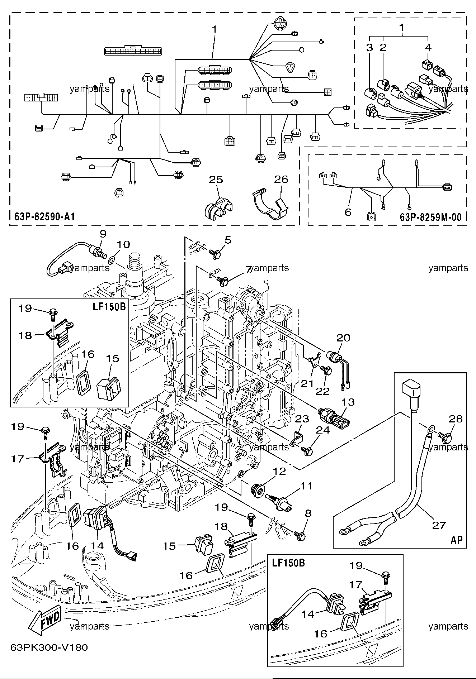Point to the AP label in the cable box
456,540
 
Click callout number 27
438,525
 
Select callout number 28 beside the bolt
456,419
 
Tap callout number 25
216,180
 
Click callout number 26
281,179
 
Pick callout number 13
348,402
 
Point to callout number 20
343,338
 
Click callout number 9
103,234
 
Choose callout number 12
279,471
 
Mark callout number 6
348,212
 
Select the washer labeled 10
112,259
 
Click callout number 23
302,419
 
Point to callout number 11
306,486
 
